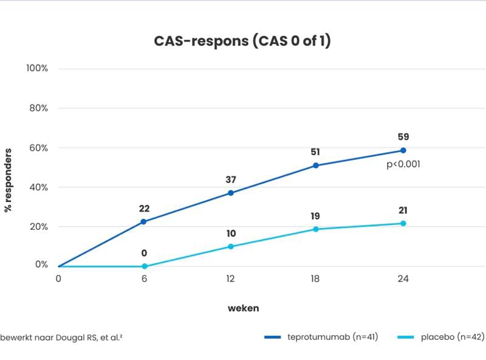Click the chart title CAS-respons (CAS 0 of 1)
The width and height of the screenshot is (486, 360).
point(243,41)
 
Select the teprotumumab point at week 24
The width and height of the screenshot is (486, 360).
point(403,150)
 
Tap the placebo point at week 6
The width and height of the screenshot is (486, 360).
point(145,266)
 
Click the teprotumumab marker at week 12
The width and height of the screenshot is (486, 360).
point(231,193)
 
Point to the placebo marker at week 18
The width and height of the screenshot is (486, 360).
point(316,229)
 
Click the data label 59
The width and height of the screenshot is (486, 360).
point(403,137)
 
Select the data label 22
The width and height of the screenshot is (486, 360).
point(145,209)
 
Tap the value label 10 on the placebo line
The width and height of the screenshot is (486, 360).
point(231,234)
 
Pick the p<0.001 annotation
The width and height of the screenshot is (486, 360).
point(403,164)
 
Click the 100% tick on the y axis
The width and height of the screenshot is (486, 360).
point(37,67)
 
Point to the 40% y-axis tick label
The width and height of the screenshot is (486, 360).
point(38,187)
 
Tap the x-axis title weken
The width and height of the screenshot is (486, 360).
point(243,308)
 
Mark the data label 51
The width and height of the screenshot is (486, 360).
point(315,152)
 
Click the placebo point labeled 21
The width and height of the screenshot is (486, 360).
point(403,224)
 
